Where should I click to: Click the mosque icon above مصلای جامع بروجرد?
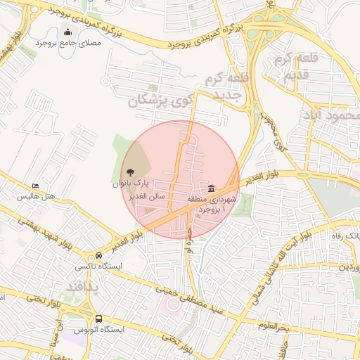(x=67, y=32)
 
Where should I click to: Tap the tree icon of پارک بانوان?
(x=130, y=172)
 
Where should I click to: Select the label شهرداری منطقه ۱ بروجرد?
(x=208, y=205)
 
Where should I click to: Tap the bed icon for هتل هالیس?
(x=35, y=187)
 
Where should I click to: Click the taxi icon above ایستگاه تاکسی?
(x=99, y=256)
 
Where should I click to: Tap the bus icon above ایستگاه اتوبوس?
(x=99, y=319)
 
